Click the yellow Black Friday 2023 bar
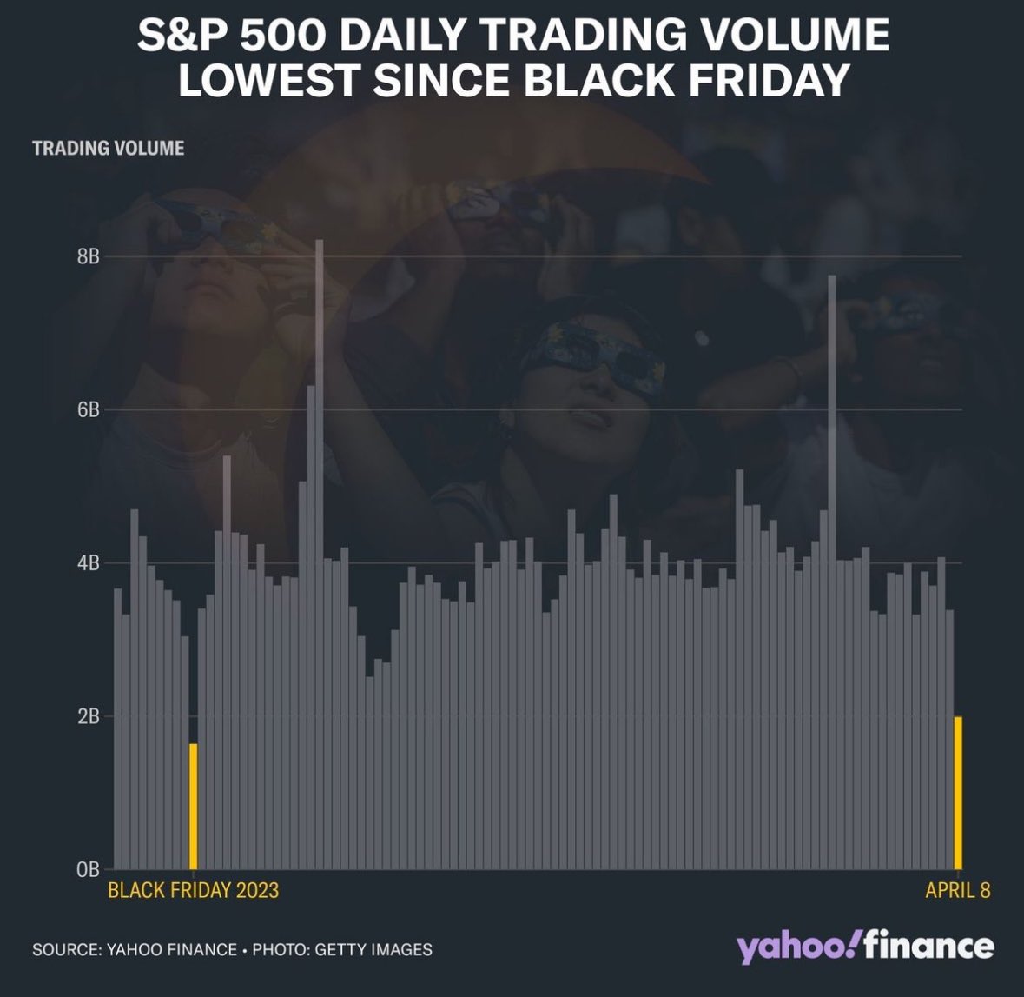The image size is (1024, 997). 194,806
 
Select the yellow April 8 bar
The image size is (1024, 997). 958,792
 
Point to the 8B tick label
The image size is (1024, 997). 89,257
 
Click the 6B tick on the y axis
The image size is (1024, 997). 89,410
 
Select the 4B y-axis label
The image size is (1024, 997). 89,563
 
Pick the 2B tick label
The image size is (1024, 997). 89,716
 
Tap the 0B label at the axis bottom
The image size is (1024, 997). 89,869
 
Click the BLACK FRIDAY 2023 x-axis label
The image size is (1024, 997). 193,890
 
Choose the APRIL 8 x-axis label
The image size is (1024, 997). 957,890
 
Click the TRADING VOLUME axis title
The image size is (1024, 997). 109,148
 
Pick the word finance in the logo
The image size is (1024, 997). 929,946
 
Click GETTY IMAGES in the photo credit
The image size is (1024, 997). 373,949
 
